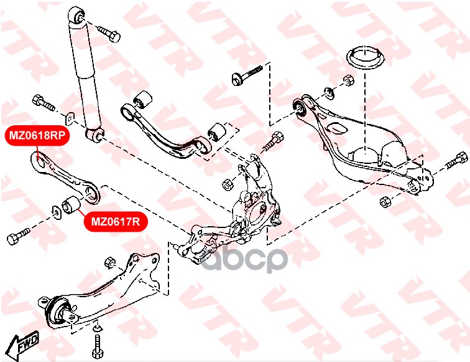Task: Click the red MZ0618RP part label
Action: pos(37,135)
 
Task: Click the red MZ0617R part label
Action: pos(116,222)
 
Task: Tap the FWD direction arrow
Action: pos(23,345)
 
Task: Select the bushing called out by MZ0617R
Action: pos(71,205)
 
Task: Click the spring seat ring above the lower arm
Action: pos(366,58)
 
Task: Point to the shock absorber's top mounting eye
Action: pos(76,15)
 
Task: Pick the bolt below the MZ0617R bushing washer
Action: pos(18,236)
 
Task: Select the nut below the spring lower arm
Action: pos(385,202)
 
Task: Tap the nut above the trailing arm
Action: pos(110,262)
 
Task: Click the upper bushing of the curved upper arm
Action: pos(142,100)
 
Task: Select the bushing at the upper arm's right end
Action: pos(217,132)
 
